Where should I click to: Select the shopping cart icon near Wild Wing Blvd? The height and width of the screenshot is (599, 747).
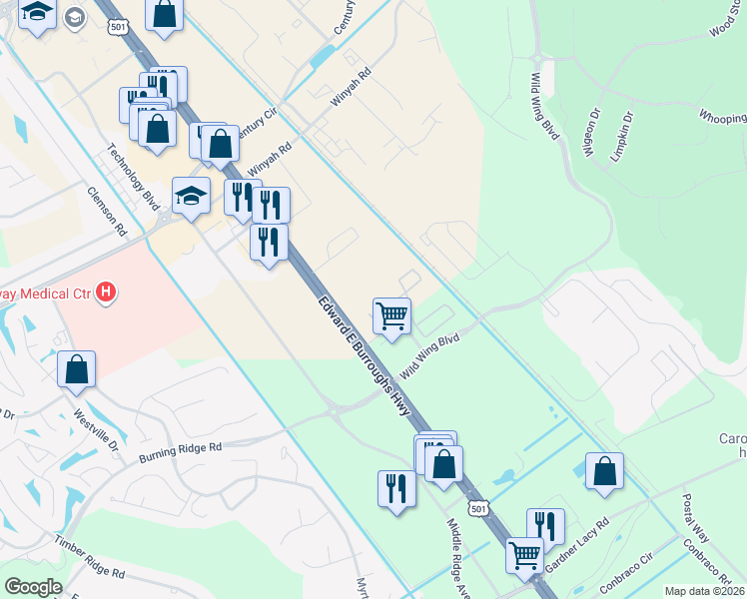392,315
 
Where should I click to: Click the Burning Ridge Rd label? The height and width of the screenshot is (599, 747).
180,451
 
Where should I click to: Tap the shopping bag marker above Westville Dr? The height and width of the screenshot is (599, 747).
77,368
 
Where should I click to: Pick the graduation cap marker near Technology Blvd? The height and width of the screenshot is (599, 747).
191,196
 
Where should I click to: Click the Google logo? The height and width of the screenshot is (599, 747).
32,587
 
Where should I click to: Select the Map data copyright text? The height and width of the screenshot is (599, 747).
704,591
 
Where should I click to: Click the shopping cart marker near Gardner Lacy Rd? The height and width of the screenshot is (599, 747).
525,554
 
